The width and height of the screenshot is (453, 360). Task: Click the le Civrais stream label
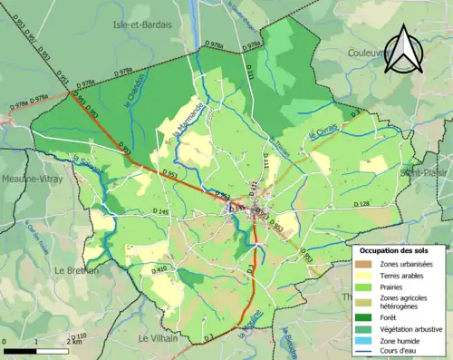click(x=323, y=132)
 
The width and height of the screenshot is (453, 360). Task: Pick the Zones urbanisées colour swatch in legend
click(x=362, y=263)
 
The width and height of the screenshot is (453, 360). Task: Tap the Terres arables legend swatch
click(x=362, y=277)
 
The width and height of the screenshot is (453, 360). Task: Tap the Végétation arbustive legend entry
click(x=418, y=329)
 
